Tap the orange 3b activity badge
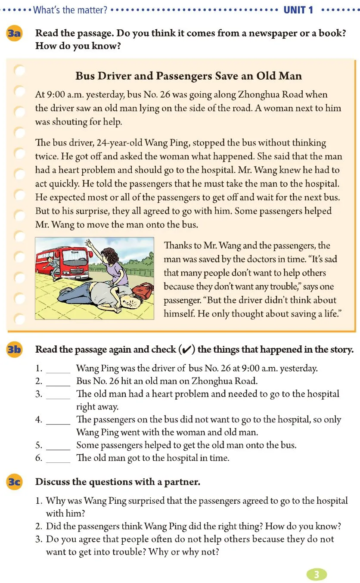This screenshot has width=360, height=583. coord(15,350)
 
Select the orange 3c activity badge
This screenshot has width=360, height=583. coord(15,482)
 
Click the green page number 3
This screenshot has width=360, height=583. coord(317,574)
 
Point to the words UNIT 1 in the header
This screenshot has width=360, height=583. coord(298,10)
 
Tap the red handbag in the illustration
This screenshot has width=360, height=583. coord(143,291)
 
